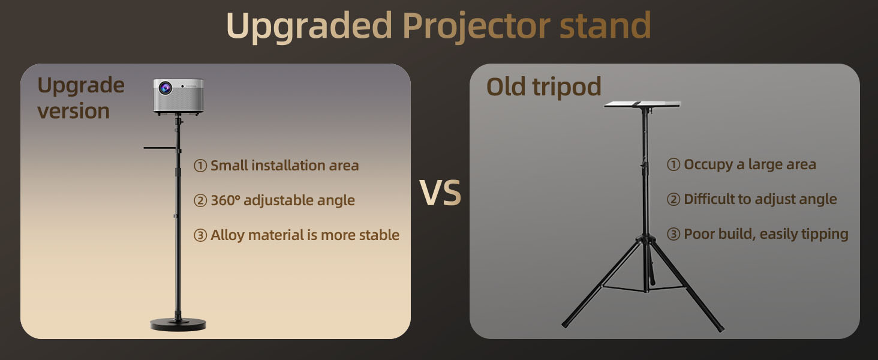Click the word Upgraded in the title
(x=309, y=26)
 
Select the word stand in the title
(x=606, y=25)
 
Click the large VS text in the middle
(x=440, y=193)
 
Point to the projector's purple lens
(x=165, y=88)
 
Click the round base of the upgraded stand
(x=178, y=325)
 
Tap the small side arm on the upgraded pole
(x=160, y=148)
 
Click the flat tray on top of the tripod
(x=642, y=104)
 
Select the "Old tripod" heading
(x=544, y=86)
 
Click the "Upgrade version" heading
(x=81, y=98)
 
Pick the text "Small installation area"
(x=284, y=166)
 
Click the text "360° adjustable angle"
(x=282, y=200)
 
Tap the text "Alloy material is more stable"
(x=305, y=235)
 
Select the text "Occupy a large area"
(x=750, y=165)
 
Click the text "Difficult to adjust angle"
(x=760, y=199)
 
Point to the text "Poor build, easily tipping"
(x=766, y=234)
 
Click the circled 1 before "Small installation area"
(x=200, y=166)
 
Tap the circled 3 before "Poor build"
(x=673, y=234)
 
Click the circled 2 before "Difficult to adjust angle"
(x=673, y=199)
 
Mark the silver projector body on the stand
(x=178, y=96)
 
